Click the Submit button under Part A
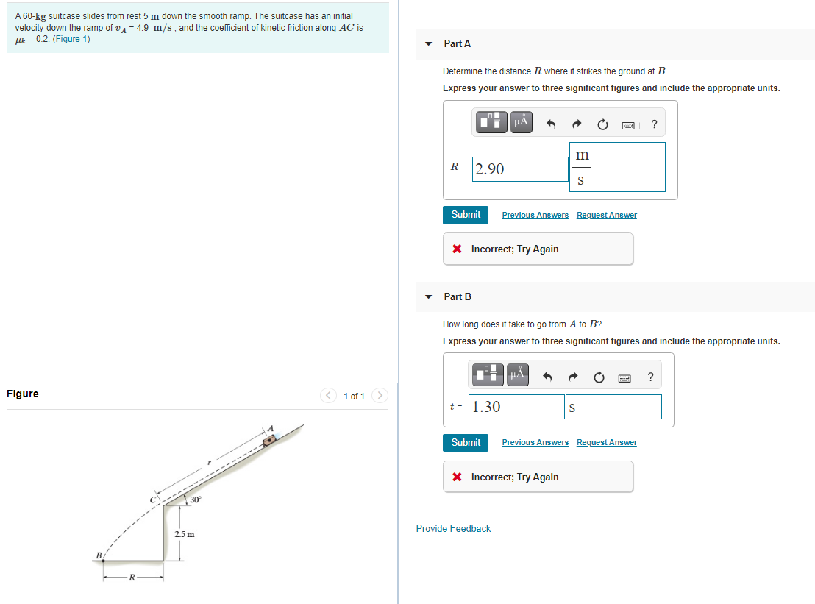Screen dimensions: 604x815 [x=466, y=215]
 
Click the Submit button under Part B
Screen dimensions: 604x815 [x=466, y=443]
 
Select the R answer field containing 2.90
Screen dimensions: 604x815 [x=520, y=169]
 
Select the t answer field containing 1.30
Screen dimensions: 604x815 [x=517, y=407]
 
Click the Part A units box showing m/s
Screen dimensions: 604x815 [x=617, y=167]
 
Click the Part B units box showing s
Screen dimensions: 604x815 [x=613, y=407]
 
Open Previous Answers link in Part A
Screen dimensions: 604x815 [x=535, y=215]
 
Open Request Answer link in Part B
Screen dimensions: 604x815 [x=606, y=443]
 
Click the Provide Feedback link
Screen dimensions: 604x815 [x=453, y=529]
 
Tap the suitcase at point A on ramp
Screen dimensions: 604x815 [x=270, y=439]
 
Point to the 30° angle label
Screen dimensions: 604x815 [x=195, y=500]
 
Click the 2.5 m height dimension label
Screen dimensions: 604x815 [x=184, y=533]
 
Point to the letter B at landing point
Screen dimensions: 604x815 [x=96, y=555]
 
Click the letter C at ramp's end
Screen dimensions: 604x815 [x=154, y=500]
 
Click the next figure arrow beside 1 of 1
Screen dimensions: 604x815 [x=380, y=396]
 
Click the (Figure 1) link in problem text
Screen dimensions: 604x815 [x=72, y=39]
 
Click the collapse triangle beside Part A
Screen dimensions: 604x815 [x=429, y=44]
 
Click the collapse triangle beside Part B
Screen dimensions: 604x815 [x=429, y=297]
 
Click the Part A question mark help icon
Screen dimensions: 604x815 [x=654, y=124]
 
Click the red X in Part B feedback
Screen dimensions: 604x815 [x=458, y=477]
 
